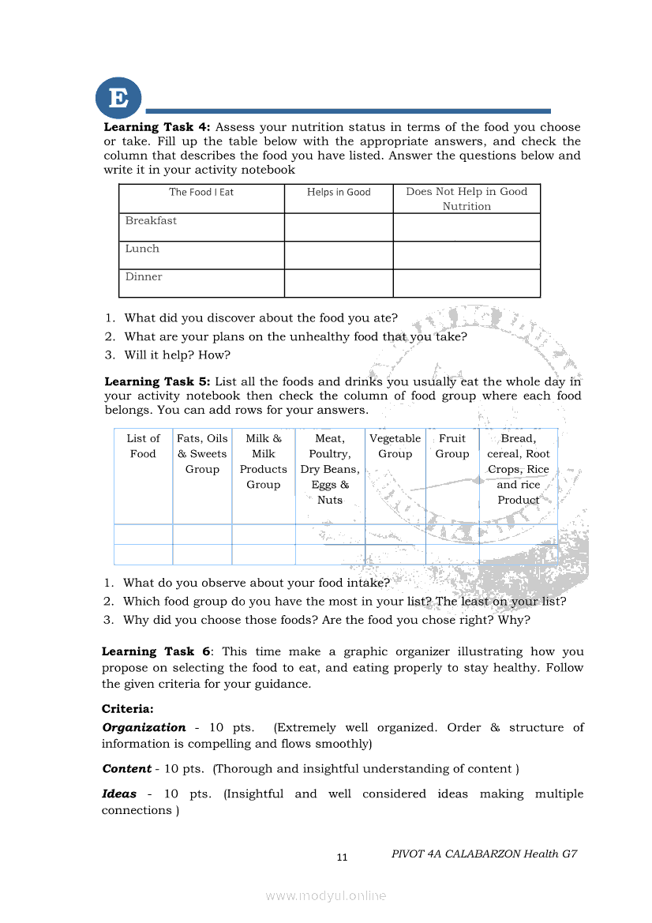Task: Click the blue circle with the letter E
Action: [x=118, y=99]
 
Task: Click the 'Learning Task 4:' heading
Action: [x=157, y=127]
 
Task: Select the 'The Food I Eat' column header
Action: [x=201, y=192]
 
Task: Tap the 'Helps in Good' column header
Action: [x=339, y=192]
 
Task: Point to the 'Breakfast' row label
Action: [x=151, y=221]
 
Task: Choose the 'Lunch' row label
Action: [x=142, y=249]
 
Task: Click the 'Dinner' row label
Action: [x=144, y=277]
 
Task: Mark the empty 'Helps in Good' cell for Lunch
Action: [x=339, y=255]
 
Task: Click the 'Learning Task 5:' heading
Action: [x=157, y=381]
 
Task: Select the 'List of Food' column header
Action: [x=143, y=446]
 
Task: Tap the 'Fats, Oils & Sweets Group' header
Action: [x=202, y=454]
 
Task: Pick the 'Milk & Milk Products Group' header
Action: [x=263, y=461]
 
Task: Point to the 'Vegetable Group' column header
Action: [x=395, y=446]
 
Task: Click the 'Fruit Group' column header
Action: [x=452, y=446]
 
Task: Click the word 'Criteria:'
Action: [x=128, y=709]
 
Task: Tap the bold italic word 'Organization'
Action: [x=144, y=727]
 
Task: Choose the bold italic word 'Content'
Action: [x=126, y=768]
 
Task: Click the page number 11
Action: [x=342, y=857]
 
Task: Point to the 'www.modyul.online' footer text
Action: [x=326, y=895]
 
